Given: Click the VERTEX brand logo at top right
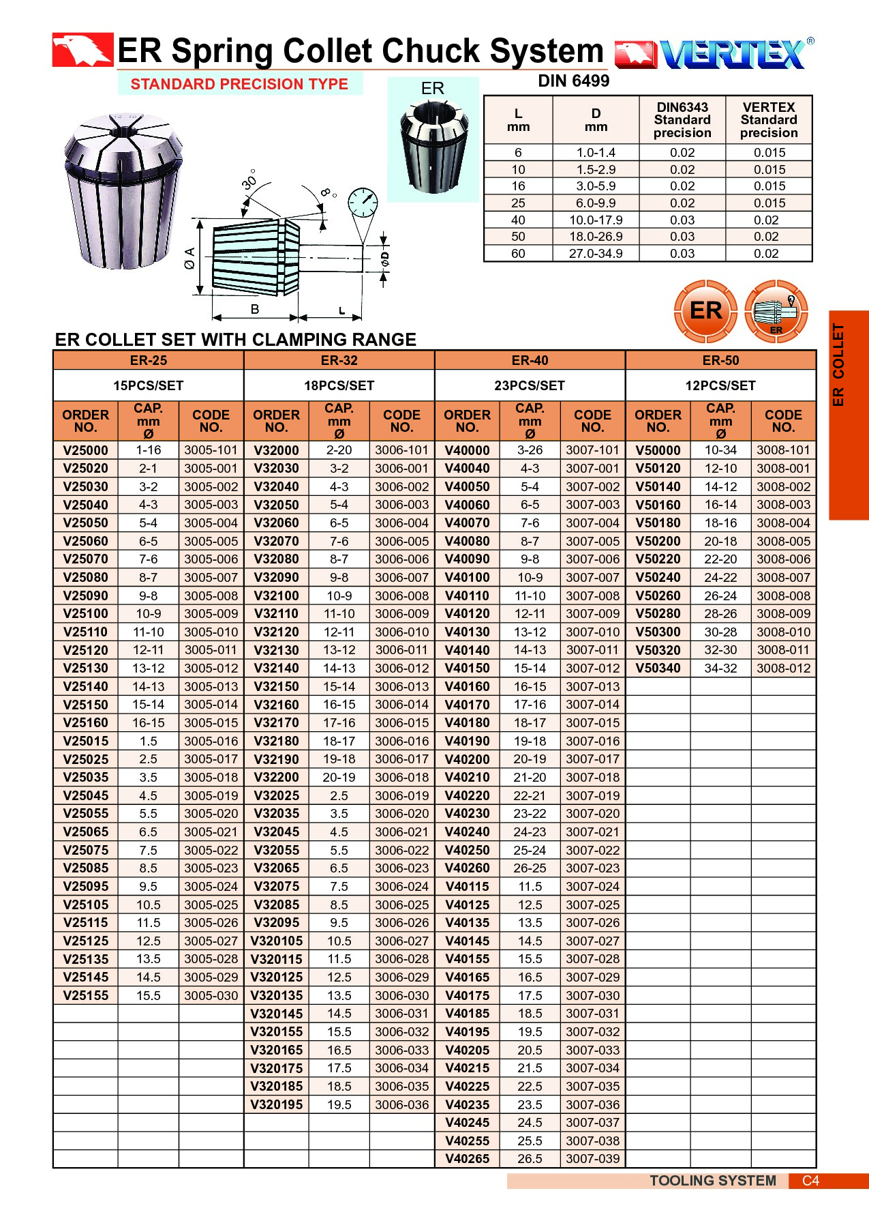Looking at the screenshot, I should coord(714,54).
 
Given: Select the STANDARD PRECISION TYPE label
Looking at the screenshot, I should coord(239,84).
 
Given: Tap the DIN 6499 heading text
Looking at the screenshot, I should coord(573,81).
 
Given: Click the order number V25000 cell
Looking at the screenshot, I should coord(85,450).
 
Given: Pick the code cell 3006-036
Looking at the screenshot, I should coord(402,1104).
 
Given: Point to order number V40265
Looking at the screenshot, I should coord(467,1159).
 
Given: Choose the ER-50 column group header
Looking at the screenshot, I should coord(720,360).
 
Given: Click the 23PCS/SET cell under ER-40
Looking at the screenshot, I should coord(530,385).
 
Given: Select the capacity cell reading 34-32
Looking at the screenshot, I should coord(720,668).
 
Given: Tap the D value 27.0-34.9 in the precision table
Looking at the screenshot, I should coord(596,254).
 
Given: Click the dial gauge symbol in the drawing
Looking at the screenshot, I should coord(363,203).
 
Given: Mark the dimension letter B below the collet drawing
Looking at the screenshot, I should coord(255,309).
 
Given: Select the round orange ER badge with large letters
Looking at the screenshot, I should coord(705,311).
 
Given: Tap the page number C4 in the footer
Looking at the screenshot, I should coord(810,1181).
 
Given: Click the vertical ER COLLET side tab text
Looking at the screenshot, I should coord(838,365).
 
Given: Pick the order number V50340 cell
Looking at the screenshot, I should coord(658,668).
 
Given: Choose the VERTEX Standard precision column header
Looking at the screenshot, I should coord(769,120).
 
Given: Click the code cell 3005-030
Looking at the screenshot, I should coord(211,995).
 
